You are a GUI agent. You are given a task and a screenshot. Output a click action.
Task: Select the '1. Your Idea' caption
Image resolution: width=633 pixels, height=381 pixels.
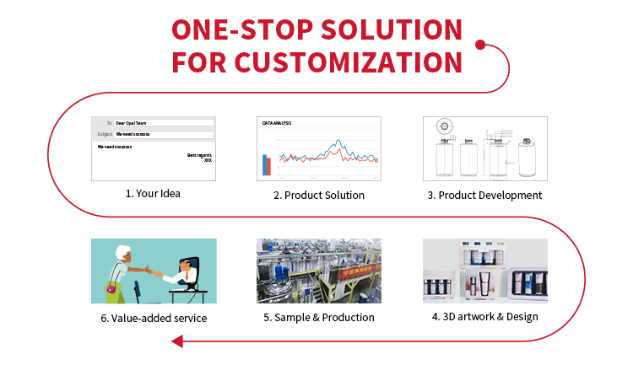click(153, 193)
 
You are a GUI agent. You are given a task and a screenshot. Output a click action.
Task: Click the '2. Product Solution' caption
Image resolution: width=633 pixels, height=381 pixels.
click(319, 195)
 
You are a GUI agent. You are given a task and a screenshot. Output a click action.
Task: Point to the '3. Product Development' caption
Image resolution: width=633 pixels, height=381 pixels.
click(484, 195)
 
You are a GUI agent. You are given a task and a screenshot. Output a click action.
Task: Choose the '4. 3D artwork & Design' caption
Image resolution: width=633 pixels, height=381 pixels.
click(484, 317)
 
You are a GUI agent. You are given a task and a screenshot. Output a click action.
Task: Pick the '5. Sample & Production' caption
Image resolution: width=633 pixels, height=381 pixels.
click(318, 317)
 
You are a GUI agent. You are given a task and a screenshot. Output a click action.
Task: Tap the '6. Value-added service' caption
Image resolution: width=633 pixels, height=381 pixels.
click(153, 318)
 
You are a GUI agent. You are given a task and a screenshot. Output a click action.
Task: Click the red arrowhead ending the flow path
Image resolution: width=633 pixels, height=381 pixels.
click(176, 341)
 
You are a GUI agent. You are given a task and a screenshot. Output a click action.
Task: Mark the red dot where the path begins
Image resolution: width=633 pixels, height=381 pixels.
click(479, 45)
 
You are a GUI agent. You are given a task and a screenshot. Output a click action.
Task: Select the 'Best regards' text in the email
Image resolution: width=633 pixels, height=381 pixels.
click(199, 154)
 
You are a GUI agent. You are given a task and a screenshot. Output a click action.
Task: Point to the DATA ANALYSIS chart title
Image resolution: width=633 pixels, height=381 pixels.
click(277, 124)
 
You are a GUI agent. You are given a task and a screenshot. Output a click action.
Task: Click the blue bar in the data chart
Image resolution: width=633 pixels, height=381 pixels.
click(264, 164)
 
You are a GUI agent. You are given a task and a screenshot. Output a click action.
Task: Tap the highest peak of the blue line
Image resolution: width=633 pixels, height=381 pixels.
click(338, 141)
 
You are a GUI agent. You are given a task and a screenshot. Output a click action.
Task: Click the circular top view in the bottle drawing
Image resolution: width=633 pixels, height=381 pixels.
click(443, 127)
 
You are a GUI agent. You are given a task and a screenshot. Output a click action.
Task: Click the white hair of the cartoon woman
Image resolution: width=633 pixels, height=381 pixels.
click(125, 250)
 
